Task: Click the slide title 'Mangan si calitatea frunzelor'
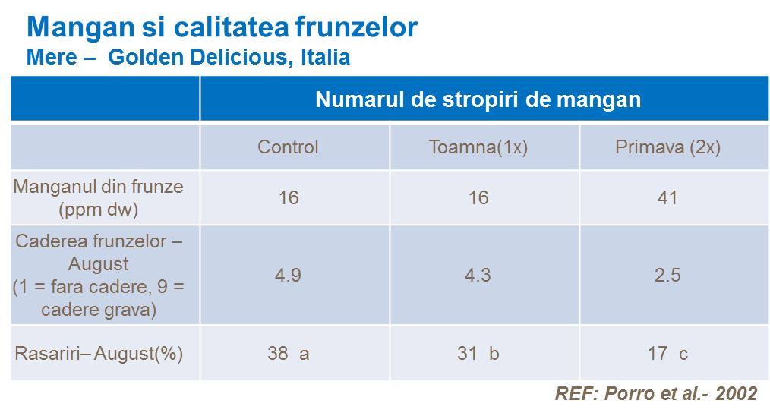point(222,27)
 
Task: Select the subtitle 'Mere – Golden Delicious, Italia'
point(188,57)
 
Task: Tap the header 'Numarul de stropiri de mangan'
point(478,99)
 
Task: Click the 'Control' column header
point(289,147)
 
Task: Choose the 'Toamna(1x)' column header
point(478,147)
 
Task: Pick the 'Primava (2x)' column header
point(667,147)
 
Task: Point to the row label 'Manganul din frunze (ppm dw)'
point(98,198)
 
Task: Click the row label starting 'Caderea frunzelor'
point(98,276)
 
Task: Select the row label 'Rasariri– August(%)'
point(99,354)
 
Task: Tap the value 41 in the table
point(667,198)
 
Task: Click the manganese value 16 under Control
point(289,198)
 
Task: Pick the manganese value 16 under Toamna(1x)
point(478,198)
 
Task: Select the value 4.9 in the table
point(289,275)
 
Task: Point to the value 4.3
point(478,275)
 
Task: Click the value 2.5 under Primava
point(667,275)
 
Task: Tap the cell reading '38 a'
point(289,354)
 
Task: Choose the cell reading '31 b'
point(478,354)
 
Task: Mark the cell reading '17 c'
point(667,354)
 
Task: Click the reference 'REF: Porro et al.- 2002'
point(656,393)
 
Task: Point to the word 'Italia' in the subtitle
point(325,57)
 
